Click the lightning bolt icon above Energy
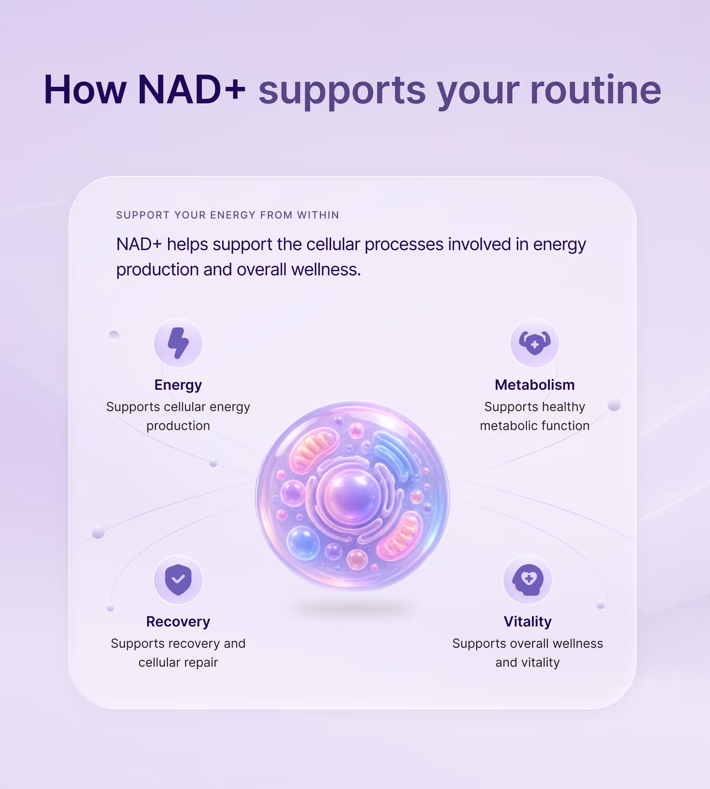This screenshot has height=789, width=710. pyautogui.click(x=178, y=343)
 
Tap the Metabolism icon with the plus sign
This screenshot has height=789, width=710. pyautogui.click(x=535, y=343)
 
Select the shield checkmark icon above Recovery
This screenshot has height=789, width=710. pyautogui.click(x=178, y=580)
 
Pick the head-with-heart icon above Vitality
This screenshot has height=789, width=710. pyautogui.click(x=528, y=580)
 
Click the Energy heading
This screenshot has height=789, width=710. pyautogui.click(x=178, y=385)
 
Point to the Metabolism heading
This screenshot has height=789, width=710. pyautogui.click(x=535, y=385)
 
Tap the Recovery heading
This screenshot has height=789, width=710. pyautogui.click(x=178, y=622)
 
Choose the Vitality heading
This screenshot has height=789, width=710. pyautogui.click(x=528, y=622)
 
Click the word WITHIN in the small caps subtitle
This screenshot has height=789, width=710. pyautogui.click(x=318, y=215)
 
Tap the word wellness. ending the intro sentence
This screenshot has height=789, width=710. pyautogui.click(x=326, y=270)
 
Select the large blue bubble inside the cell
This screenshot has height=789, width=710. pyautogui.click(x=303, y=543)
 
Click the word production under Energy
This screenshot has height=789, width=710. pyautogui.click(x=178, y=426)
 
